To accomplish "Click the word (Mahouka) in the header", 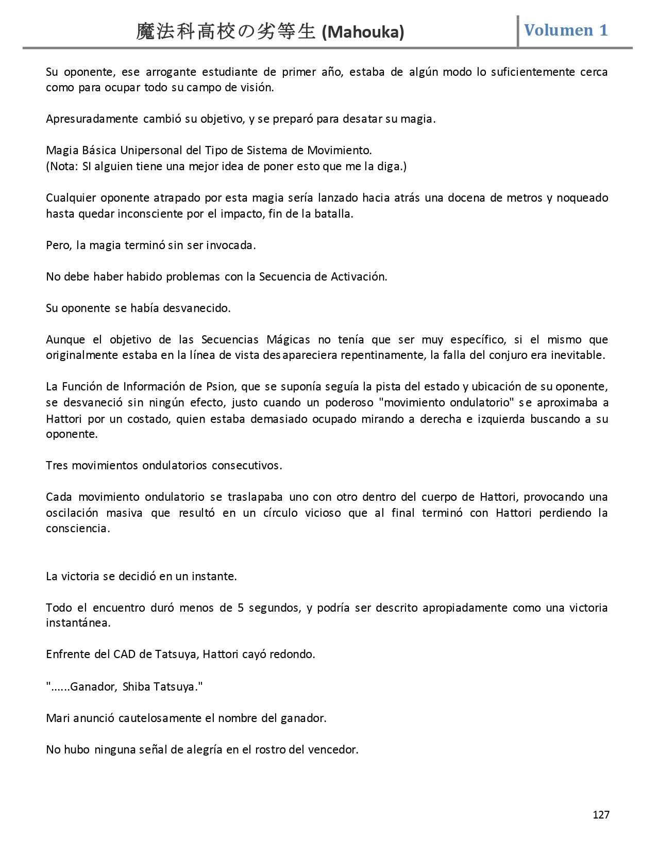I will click(x=363, y=32).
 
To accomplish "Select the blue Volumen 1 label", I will click(x=566, y=30).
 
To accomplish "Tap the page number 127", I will click(x=601, y=814).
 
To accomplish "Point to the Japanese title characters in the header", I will click(x=226, y=32).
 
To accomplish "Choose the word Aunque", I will click(x=65, y=340).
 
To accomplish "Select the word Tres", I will click(x=57, y=465).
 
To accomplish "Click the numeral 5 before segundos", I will click(x=240, y=608).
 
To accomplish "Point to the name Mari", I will click(x=57, y=718).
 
